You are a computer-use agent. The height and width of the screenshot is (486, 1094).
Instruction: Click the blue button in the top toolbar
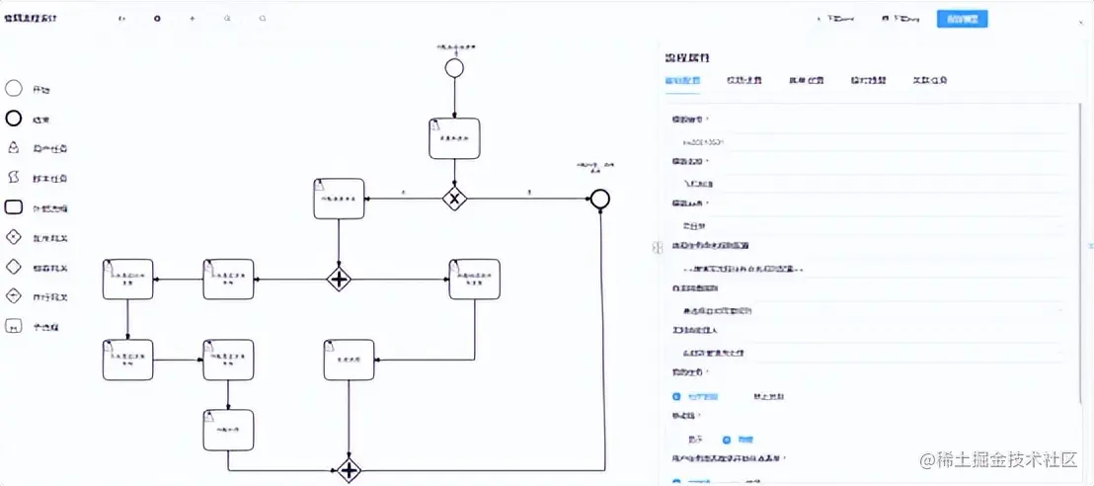click(x=962, y=19)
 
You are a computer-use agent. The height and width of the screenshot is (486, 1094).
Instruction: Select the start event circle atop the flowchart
click(x=454, y=67)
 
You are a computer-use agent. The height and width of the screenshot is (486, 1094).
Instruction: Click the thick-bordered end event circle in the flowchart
click(x=599, y=199)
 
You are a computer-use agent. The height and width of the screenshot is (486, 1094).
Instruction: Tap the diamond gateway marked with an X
click(x=454, y=198)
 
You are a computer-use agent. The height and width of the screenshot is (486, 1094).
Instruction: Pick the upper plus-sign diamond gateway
click(x=339, y=280)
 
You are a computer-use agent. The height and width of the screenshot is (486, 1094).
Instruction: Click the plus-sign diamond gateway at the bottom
click(x=349, y=470)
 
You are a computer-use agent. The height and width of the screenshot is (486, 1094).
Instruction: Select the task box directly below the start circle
click(x=454, y=138)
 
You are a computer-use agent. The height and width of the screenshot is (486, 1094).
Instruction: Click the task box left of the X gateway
click(x=339, y=199)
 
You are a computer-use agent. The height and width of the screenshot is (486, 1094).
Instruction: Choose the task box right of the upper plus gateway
click(x=474, y=280)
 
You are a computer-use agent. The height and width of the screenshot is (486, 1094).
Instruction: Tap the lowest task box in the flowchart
click(x=228, y=430)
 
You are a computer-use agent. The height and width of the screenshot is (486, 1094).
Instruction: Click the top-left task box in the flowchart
click(x=127, y=280)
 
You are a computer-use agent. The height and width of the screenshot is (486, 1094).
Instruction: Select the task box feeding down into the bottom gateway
click(x=349, y=360)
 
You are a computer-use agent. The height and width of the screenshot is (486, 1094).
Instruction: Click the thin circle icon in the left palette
click(x=14, y=89)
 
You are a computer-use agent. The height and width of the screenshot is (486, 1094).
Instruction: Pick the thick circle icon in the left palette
click(x=14, y=120)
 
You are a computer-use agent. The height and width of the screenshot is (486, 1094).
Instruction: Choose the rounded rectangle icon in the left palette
click(x=14, y=207)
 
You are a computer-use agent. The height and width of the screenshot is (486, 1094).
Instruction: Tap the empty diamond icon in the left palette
click(x=14, y=267)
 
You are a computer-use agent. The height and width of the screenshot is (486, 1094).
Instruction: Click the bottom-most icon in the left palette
click(x=14, y=326)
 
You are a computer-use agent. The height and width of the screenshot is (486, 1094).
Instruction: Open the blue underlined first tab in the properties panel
click(x=682, y=80)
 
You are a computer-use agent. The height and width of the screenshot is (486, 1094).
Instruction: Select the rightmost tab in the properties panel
click(x=928, y=80)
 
